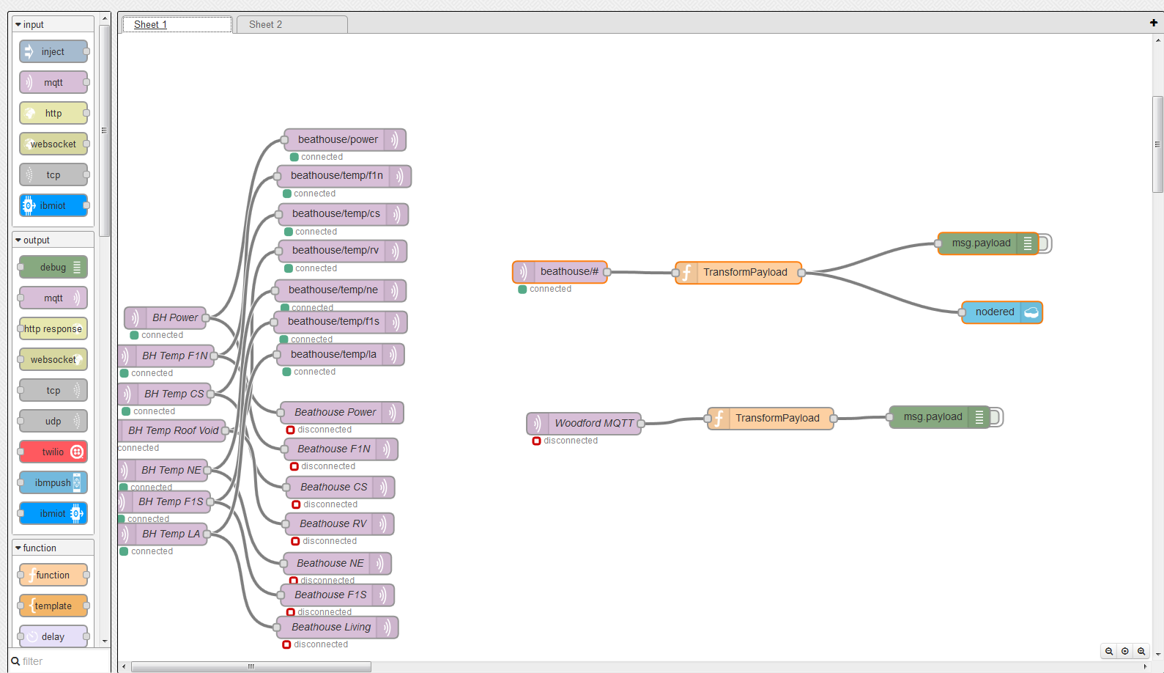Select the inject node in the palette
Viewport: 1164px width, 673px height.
53,51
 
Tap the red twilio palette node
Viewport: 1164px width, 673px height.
53,452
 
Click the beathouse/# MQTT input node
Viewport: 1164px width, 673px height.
560,271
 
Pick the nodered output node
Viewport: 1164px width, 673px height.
1002,312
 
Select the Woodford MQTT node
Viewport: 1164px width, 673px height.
584,423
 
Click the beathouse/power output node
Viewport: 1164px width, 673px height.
345,139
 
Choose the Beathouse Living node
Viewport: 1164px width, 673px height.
337,627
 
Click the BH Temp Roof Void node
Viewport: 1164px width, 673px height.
173,430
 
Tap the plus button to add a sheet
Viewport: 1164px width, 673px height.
1154,23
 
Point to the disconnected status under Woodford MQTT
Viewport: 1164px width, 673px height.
565,441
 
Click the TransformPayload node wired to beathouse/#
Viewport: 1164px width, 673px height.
738,273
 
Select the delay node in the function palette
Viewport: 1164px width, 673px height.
53,636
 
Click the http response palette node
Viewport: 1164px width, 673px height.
53,328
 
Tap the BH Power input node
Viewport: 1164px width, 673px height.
166,317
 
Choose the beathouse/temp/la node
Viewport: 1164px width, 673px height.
341,355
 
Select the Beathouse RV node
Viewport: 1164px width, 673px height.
339,523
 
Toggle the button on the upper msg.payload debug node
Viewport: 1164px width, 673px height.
1045,243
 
